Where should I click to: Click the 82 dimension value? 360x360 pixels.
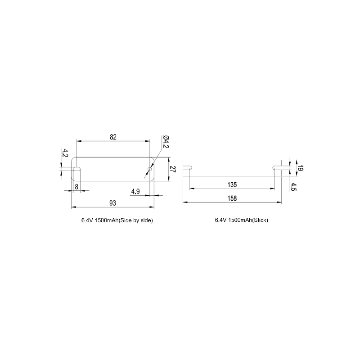(113, 137)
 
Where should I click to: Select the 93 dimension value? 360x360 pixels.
(113, 203)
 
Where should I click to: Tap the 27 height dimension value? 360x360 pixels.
(173, 170)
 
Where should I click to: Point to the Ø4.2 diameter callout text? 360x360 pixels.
(166, 142)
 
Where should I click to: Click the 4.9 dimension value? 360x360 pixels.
(135, 191)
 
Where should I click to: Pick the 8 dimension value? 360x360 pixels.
(76, 187)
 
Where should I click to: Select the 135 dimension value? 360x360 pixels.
(232, 184)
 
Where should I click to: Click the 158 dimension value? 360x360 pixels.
(232, 198)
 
